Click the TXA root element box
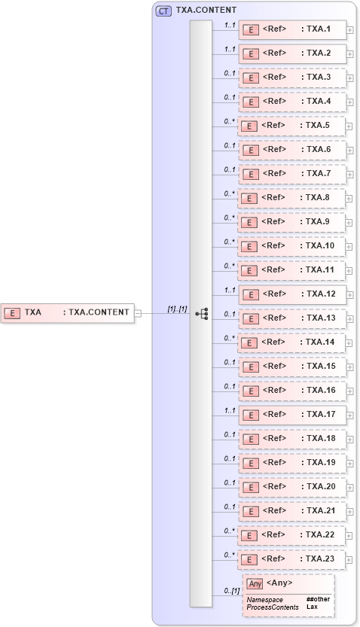pos(67,312)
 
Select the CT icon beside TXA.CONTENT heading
pos(163,11)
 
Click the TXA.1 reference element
pos(291,30)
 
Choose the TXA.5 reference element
pos(291,126)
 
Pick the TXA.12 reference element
pos(291,294)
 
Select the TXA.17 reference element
pos(291,415)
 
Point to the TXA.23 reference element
pos(291,559)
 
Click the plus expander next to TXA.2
pos(349,54)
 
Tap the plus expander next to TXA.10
pos(349,247)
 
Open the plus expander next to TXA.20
pos(349,488)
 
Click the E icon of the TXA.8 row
pos(249,199)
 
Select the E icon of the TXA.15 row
pos(249,367)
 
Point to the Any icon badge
pos(255,583)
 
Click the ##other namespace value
pos(317,599)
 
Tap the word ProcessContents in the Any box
pos(267,607)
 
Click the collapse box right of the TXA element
pos(137,312)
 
